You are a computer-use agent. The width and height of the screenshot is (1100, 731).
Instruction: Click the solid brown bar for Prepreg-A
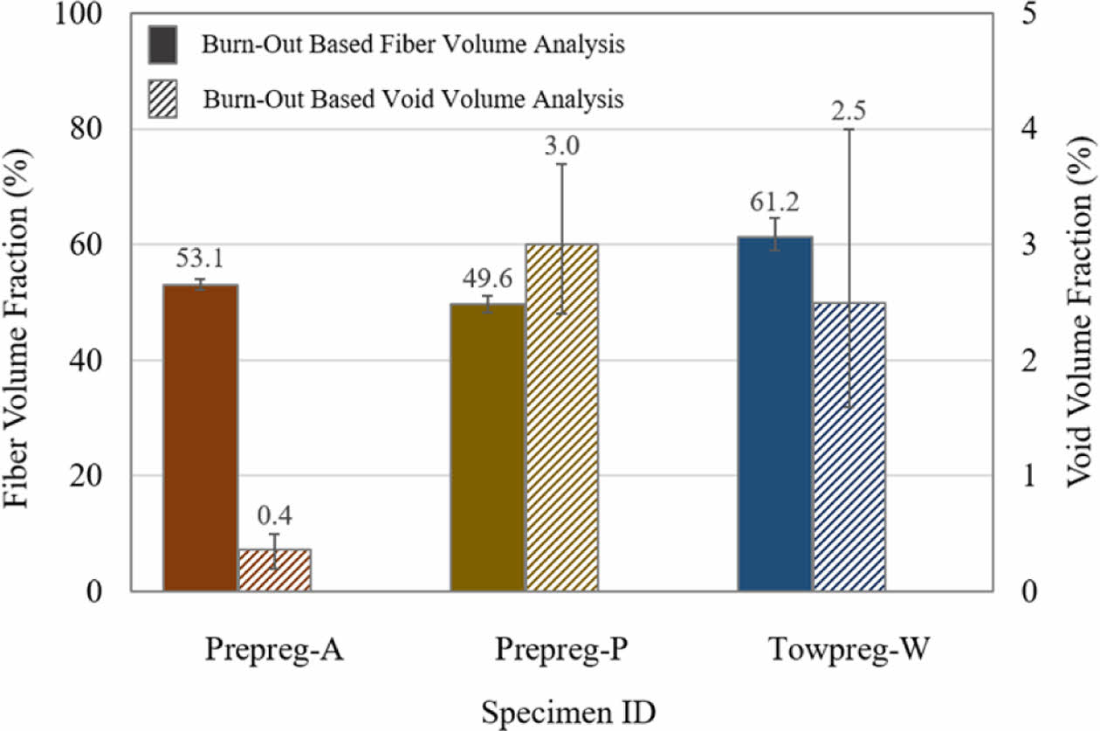[x=201, y=438]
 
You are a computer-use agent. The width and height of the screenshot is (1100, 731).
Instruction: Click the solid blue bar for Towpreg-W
[x=774, y=414]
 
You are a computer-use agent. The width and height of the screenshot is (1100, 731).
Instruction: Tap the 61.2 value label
[x=774, y=203]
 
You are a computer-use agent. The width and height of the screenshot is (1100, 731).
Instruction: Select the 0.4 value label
[x=275, y=516]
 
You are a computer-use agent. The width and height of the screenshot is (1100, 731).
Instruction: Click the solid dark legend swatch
[x=163, y=45]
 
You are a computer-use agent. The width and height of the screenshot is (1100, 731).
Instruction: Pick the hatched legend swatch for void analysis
[x=163, y=99]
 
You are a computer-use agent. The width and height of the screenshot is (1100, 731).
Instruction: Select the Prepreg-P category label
[x=560, y=651]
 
